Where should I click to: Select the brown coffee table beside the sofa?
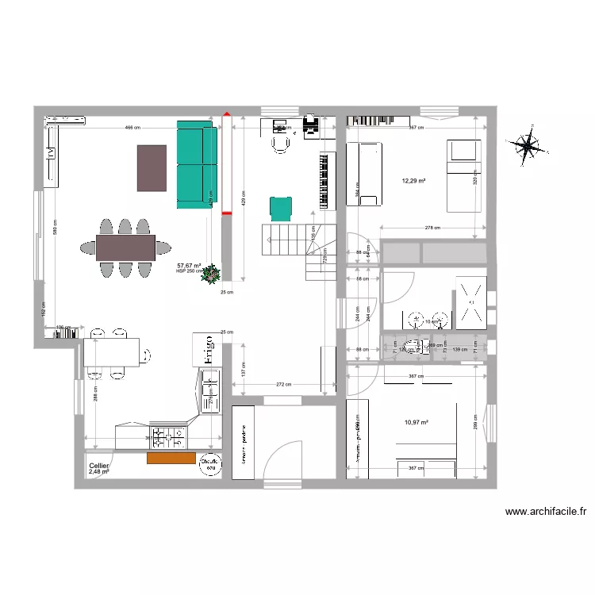coord(152,167)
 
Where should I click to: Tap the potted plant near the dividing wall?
coord(212,275)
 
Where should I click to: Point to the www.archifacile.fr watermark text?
coord(546,512)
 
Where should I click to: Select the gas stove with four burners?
coord(169,436)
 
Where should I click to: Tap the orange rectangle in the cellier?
coord(171,458)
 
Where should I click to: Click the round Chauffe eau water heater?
coord(210,465)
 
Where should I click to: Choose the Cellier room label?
coord(99,466)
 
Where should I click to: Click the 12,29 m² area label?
coord(413,180)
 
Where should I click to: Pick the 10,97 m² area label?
coord(416,423)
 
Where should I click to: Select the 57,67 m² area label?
coord(189,266)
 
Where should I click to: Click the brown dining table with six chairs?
coord(125,247)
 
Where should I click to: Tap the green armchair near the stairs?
coord(281,208)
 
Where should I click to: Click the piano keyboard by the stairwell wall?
coord(324,180)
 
